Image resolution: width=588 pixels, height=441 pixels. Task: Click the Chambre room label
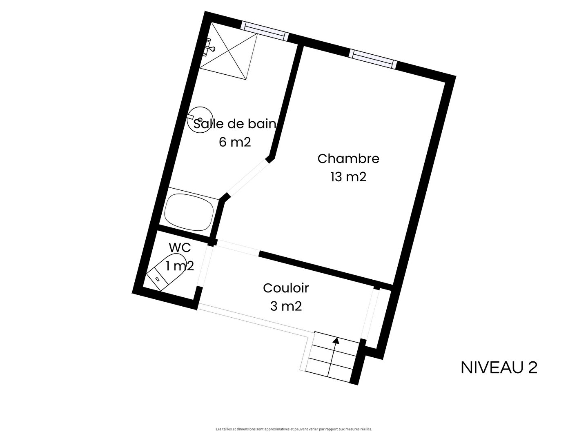pos(348,159)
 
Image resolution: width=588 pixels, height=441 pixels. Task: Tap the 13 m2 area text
pos(348,177)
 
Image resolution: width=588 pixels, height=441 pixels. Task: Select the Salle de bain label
pos(235,124)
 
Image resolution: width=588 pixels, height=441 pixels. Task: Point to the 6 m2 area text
pos(235,142)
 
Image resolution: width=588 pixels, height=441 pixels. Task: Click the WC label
pos(180,248)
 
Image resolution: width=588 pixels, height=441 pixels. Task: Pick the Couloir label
pos(286,288)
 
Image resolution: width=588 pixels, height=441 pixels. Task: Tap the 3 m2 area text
pos(286,306)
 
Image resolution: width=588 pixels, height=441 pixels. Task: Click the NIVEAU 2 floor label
pos(499,367)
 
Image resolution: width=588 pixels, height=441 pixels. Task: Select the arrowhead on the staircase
pos(336,340)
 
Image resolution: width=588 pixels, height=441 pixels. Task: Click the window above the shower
pos(265,31)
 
